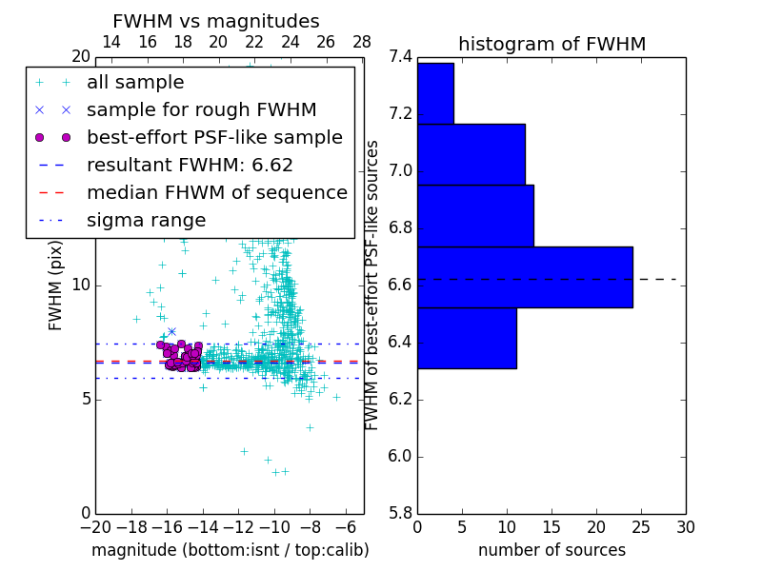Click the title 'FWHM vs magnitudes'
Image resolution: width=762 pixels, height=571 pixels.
click(216, 21)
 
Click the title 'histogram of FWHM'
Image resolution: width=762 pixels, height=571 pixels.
click(551, 44)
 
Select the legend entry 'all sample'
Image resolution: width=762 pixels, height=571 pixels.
click(135, 83)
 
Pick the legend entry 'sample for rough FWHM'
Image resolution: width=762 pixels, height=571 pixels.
click(201, 109)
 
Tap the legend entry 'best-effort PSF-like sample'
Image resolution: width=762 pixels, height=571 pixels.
click(214, 137)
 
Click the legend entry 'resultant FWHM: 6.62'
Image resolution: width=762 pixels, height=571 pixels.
click(190, 165)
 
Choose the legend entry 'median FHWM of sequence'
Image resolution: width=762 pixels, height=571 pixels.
click(216, 192)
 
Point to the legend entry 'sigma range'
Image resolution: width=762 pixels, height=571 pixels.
click(146, 220)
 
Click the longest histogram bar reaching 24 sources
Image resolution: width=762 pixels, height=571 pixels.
click(525, 277)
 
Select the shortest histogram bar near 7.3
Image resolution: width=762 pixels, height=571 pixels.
click(435, 93)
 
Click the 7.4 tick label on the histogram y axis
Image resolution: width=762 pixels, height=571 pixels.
click(401, 57)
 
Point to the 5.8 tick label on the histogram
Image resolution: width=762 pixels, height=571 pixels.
click(401, 513)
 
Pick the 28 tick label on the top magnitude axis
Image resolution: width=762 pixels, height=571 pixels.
click(362, 42)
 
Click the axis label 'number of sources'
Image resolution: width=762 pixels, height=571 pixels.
click(551, 550)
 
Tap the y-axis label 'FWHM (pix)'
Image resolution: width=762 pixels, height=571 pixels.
click(56, 285)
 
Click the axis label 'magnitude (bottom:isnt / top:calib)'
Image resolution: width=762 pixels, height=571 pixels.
click(230, 550)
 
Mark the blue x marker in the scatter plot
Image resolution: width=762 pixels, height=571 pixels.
click(171, 331)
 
